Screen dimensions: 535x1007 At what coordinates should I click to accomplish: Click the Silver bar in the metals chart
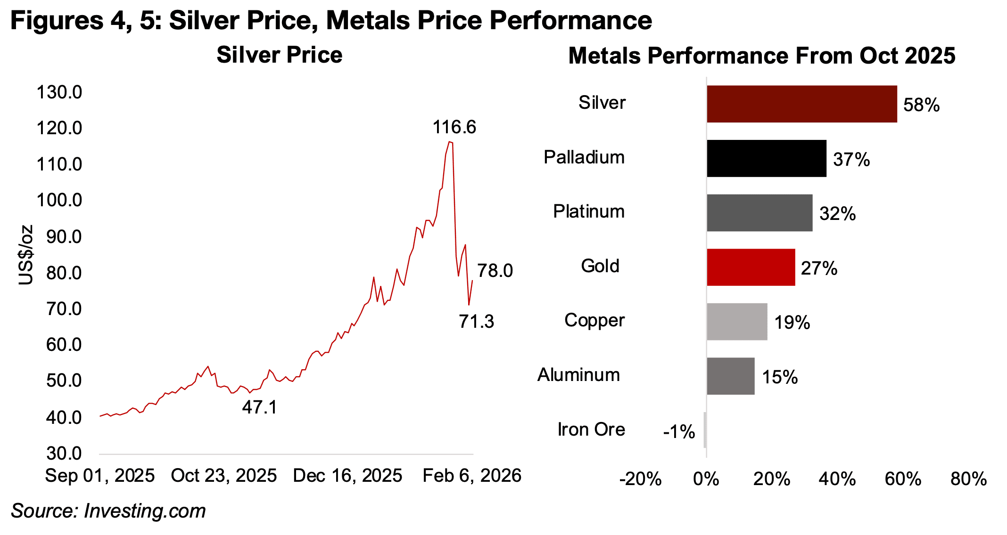[x=801, y=104]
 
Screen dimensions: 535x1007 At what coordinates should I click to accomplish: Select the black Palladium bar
[x=766, y=158]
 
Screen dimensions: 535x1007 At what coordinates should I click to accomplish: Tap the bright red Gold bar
[x=751, y=267]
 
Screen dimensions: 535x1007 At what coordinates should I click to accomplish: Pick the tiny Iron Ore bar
[x=705, y=430]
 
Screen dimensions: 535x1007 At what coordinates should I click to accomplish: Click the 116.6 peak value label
[x=454, y=127]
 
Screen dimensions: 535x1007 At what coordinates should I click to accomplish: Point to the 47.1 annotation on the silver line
[x=259, y=407]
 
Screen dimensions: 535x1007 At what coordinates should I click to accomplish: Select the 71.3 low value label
[x=476, y=322]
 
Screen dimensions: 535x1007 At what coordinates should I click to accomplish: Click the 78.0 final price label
[x=495, y=271]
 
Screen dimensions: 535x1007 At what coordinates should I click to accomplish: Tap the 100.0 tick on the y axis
[x=59, y=201]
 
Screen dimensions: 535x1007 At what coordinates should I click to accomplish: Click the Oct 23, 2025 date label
[x=223, y=476]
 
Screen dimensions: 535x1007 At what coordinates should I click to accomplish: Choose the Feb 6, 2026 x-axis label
[x=471, y=476]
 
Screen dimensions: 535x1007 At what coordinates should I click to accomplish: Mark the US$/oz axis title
[x=26, y=255]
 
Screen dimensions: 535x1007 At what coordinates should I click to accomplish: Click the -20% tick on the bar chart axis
[x=640, y=479]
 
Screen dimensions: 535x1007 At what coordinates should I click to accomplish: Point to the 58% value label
[x=921, y=105]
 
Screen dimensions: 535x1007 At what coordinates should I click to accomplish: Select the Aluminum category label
[x=578, y=375]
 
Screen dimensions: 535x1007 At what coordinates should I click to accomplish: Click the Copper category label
[x=594, y=320]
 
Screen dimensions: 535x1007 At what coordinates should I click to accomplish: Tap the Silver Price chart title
[x=279, y=55]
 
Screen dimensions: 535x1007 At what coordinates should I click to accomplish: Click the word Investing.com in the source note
[x=145, y=511]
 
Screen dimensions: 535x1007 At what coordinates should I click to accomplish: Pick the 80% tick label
[x=968, y=479]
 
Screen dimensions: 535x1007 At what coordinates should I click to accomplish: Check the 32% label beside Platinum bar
[x=837, y=214]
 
